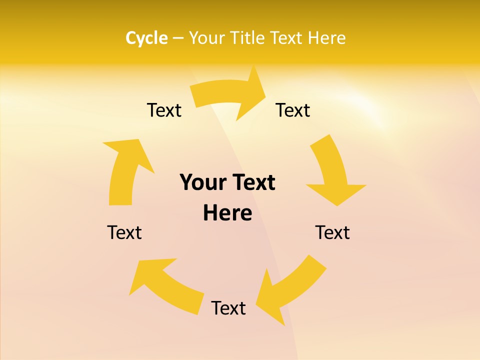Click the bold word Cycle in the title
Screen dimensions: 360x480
[146, 38]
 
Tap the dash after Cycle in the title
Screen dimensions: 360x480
[178, 38]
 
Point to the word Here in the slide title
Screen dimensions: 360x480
[326, 38]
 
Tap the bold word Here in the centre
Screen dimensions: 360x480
[227, 213]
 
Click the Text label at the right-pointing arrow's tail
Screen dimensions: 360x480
[164, 110]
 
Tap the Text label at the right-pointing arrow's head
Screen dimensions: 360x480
[293, 110]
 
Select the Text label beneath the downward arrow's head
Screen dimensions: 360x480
[332, 232]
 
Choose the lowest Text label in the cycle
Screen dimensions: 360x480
[228, 308]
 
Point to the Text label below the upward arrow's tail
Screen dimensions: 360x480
[124, 232]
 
